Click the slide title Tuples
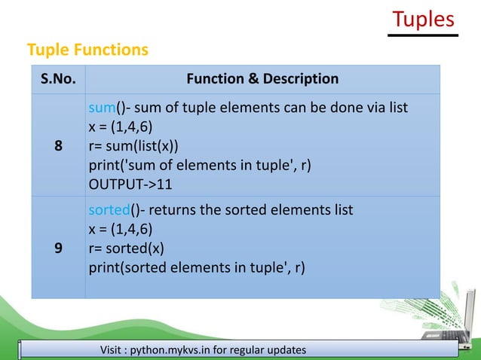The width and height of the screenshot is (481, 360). coord(424,19)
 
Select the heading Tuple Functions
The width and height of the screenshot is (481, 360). coord(87,50)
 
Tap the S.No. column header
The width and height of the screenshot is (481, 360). coord(58,79)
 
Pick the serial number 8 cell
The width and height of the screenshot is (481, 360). coord(58,146)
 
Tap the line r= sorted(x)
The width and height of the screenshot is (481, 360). coord(125,248)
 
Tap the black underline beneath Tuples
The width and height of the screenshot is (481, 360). coord(424,35)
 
